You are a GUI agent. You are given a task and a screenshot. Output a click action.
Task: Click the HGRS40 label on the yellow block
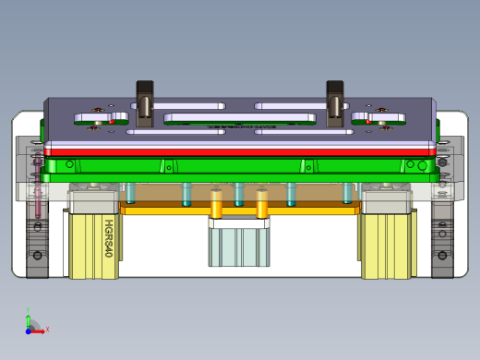[108, 238]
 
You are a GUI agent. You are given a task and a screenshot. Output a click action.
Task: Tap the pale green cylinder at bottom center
[238, 246]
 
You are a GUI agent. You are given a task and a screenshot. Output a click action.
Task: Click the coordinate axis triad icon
[33, 324]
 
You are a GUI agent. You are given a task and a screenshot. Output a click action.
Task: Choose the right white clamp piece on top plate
[378, 116]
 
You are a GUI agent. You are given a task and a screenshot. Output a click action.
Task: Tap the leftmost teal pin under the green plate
[131, 193]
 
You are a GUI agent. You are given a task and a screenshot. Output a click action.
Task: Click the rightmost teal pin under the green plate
[348, 193]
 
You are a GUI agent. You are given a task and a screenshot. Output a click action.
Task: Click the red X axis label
[47, 329]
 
